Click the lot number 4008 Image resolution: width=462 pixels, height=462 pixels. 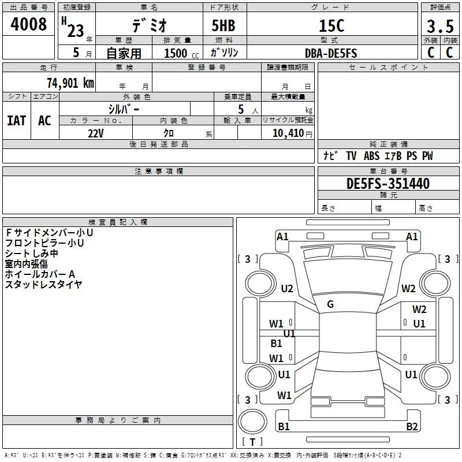point(28,24)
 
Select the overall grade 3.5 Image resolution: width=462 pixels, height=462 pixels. point(440,26)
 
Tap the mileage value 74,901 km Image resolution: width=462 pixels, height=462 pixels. point(70,83)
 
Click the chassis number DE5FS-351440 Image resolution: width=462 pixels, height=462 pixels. point(388,184)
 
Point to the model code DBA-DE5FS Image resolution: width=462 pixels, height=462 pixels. point(331,53)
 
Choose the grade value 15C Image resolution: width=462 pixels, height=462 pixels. point(331,25)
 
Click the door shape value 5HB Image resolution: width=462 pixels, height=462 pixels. point(223,25)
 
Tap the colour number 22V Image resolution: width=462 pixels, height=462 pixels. point(96,133)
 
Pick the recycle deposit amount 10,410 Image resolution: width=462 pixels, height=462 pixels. point(288,133)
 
